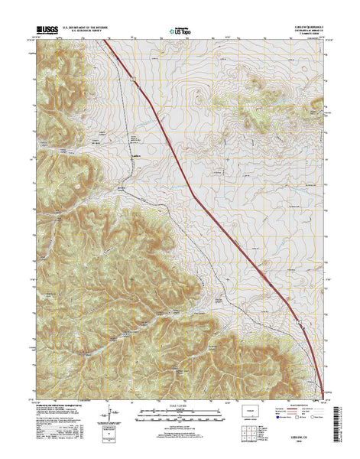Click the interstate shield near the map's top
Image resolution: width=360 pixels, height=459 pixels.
[132, 78]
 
